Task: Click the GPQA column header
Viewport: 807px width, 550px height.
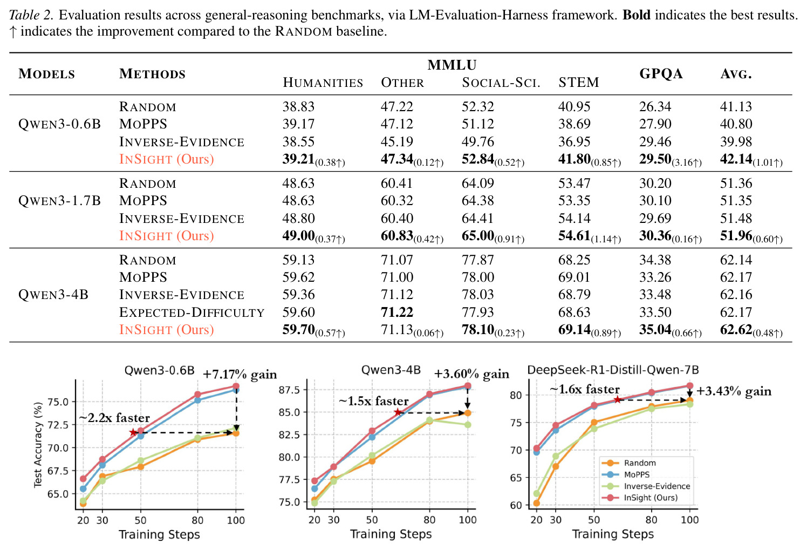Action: (x=661, y=73)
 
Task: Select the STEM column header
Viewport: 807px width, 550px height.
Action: (x=579, y=83)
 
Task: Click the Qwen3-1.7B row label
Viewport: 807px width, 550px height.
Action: (x=59, y=201)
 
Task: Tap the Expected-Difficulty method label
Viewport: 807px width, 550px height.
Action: (x=192, y=312)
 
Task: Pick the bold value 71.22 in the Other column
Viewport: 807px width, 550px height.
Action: (x=397, y=312)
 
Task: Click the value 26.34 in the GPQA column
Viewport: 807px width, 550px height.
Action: (x=655, y=107)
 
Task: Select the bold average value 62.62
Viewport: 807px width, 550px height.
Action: (x=736, y=329)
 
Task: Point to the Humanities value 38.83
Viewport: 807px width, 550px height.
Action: (x=298, y=107)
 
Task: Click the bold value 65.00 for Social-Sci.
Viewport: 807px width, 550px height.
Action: (x=478, y=235)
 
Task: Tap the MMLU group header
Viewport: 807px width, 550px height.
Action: (x=452, y=65)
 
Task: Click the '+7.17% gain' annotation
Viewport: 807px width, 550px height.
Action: (x=240, y=375)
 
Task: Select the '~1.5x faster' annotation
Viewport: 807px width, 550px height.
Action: (x=374, y=401)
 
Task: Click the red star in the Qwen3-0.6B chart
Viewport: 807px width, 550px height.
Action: (x=133, y=432)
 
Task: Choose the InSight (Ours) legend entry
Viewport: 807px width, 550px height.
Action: (x=639, y=498)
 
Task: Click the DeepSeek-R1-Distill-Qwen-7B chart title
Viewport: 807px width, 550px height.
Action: (x=613, y=370)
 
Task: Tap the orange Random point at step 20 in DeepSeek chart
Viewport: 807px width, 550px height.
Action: (x=536, y=503)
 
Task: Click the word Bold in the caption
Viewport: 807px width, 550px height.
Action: (x=637, y=15)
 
